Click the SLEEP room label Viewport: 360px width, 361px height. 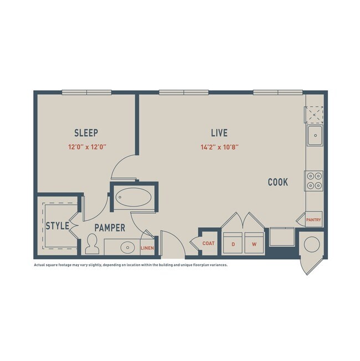pos(86,133)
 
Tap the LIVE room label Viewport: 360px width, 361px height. pos(219,133)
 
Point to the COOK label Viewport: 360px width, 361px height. pos(277,182)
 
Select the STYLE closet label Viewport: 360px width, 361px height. pos(57,226)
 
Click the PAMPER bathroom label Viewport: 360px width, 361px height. pos(109,228)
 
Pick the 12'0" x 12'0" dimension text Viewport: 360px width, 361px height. pos(86,147)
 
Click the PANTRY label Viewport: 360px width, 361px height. pos(313,220)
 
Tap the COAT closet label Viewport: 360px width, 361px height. pos(208,243)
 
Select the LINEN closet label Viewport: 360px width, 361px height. pos(147,247)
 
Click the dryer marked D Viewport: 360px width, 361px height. pos(233,244)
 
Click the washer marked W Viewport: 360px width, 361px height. pos(254,244)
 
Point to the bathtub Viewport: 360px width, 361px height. pos(133,197)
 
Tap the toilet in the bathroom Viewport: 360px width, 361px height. pos(92,243)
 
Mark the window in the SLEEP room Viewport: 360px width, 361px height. pos(86,92)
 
